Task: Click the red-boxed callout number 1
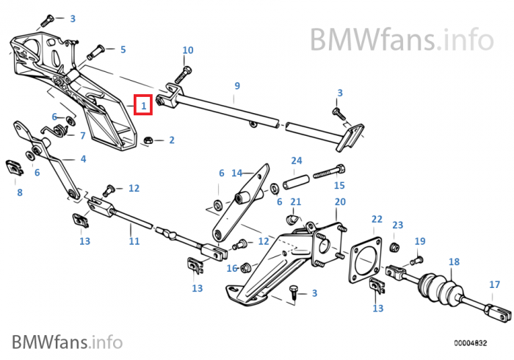click(x=144, y=107)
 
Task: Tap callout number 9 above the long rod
click(x=236, y=86)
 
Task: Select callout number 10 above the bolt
click(x=188, y=50)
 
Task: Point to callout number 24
click(x=297, y=160)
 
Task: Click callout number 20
click(x=340, y=202)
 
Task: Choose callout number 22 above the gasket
click(x=377, y=219)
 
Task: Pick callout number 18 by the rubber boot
click(x=454, y=262)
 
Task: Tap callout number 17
click(x=494, y=284)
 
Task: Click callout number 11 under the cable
click(x=134, y=240)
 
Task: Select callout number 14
click(x=236, y=173)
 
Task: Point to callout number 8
click(x=20, y=192)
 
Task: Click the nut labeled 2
click(x=147, y=139)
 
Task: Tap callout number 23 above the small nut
click(x=398, y=225)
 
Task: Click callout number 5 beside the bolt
click(x=123, y=49)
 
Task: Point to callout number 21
click(x=296, y=202)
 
